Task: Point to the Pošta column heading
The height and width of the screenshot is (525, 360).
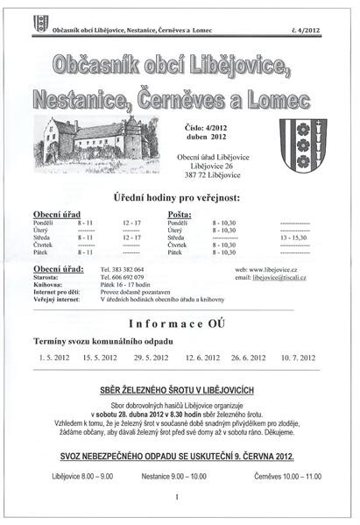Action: pos(179,213)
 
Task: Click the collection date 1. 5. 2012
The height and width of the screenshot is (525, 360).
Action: pos(53,358)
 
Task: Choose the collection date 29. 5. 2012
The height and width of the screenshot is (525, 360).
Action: pos(150,358)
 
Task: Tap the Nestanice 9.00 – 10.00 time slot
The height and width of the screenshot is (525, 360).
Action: pos(173,476)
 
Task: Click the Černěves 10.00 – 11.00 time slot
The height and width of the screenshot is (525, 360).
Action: pos(286,476)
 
